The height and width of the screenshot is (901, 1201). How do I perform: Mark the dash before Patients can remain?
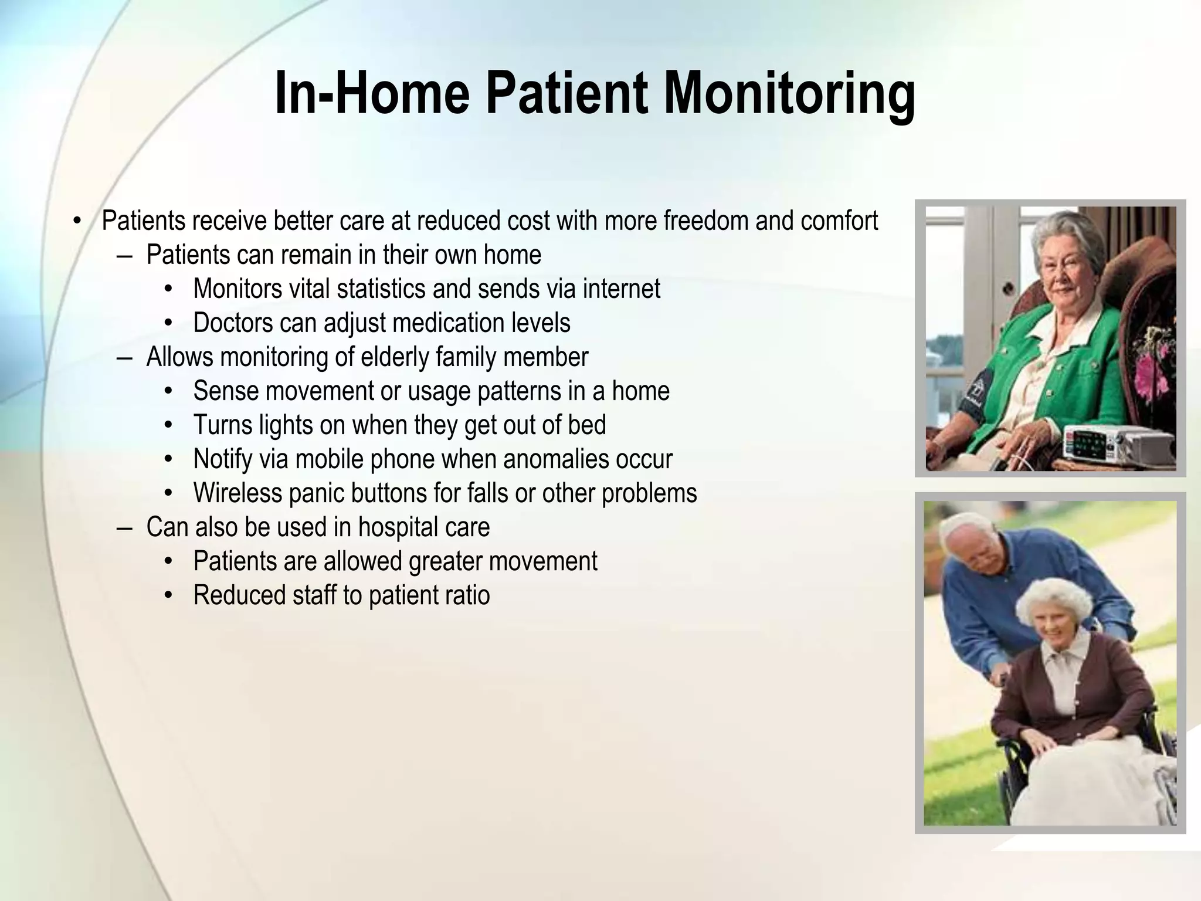pyautogui.click(x=124, y=256)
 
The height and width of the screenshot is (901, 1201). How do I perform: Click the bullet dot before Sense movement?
pyautogui.click(x=169, y=391)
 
